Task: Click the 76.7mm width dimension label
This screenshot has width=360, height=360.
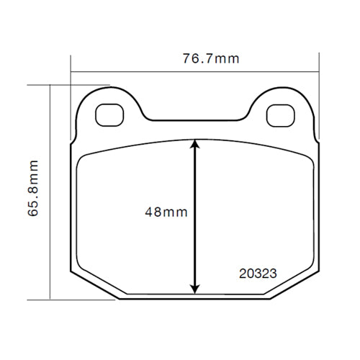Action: tap(210, 59)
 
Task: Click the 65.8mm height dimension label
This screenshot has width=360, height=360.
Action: tap(32, 190)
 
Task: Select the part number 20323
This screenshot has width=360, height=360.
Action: tap(258, 273)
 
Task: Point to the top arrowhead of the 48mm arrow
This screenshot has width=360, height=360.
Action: tap(194, 145)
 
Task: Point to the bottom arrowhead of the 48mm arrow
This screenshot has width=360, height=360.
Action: tap(194, 287)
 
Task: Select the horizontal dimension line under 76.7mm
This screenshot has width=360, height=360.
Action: tap(144, 72)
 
